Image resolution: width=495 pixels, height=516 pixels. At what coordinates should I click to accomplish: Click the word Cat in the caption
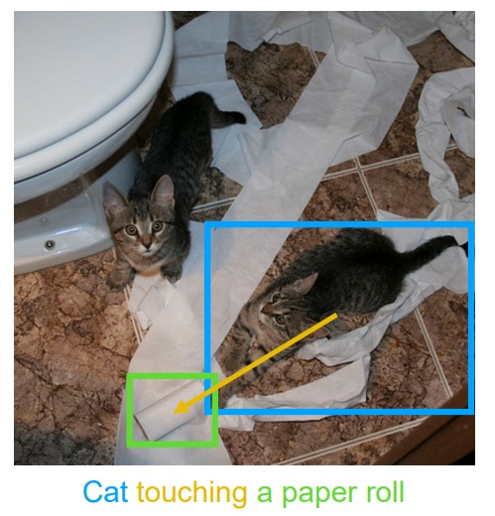click(x=105, y=492)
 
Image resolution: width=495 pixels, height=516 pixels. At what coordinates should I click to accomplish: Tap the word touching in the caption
click(x=191, y=493)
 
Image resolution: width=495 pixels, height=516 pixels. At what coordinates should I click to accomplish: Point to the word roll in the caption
click(x=384, y=492)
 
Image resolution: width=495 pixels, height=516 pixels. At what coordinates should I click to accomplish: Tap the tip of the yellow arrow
click(x=175, y=412)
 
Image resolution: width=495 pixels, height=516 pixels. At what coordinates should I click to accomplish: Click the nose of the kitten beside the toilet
click(x=147, y=245)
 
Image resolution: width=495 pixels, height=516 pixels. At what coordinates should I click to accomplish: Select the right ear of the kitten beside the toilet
click(x=164, y=192)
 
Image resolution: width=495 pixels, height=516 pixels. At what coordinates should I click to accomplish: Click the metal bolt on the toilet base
click(x=50, y=244)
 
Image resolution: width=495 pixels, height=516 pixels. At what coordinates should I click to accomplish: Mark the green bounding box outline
click(x=129, y=410)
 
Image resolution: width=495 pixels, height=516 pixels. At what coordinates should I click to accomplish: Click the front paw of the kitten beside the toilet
click(x=116, y=281)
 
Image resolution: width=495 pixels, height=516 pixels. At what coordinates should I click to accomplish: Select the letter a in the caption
click(x=264, y=494)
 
